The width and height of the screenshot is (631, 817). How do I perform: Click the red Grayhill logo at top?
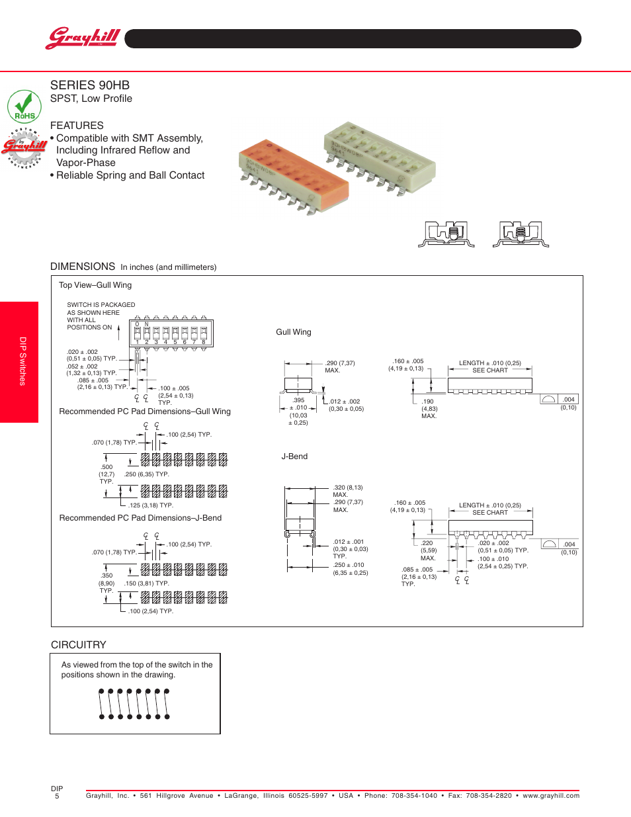point(83,38)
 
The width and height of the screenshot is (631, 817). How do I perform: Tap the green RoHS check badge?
point(24,107)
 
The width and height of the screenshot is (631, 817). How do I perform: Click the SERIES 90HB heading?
point(90,85)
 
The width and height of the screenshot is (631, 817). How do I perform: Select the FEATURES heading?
point(77,126)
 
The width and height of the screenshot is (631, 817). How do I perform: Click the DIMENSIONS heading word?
point(83,267)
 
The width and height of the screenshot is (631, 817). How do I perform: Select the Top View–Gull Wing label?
point(95,285)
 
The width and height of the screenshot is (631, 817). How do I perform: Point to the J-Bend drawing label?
point(294,456)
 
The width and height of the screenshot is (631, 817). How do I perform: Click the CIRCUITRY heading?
point(79,645)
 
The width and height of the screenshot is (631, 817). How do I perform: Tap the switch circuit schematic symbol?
point(134,704)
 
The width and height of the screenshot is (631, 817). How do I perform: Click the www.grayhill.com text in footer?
point(551,796)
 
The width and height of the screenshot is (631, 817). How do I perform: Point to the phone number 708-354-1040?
point(414,796)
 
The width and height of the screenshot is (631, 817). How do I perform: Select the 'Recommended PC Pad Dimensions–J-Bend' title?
point(140,518)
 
